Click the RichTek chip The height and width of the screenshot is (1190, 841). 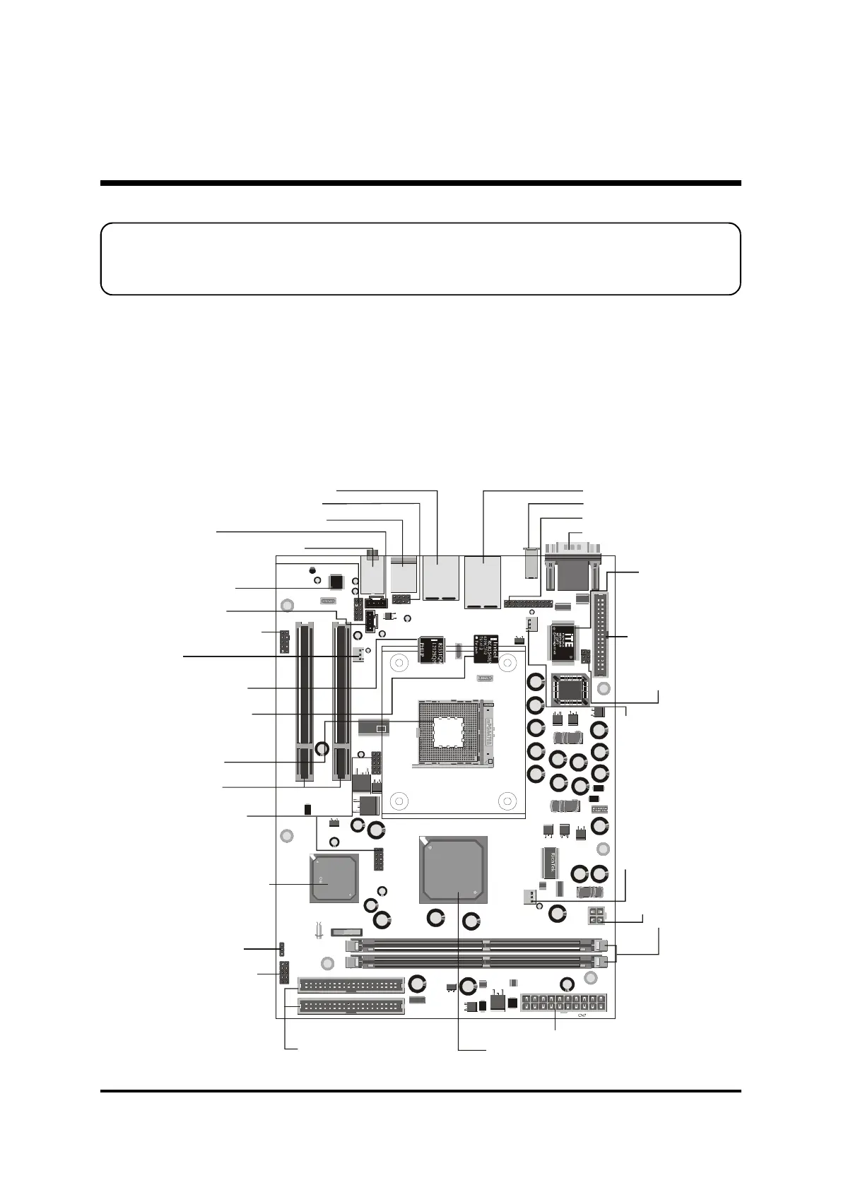[549, 864]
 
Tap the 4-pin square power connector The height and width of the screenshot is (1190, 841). [596, 917]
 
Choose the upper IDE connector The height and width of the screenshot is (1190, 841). [351, 985]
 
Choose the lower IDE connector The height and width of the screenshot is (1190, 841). [351, 1006]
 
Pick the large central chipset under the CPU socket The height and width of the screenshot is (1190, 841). [453, 870]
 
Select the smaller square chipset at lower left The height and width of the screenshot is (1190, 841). [333, 878]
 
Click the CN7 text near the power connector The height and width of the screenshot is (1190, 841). [582, 1016]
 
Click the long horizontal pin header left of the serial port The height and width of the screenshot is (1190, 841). [528, 605]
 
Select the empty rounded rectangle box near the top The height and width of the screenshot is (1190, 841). [420, 259]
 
